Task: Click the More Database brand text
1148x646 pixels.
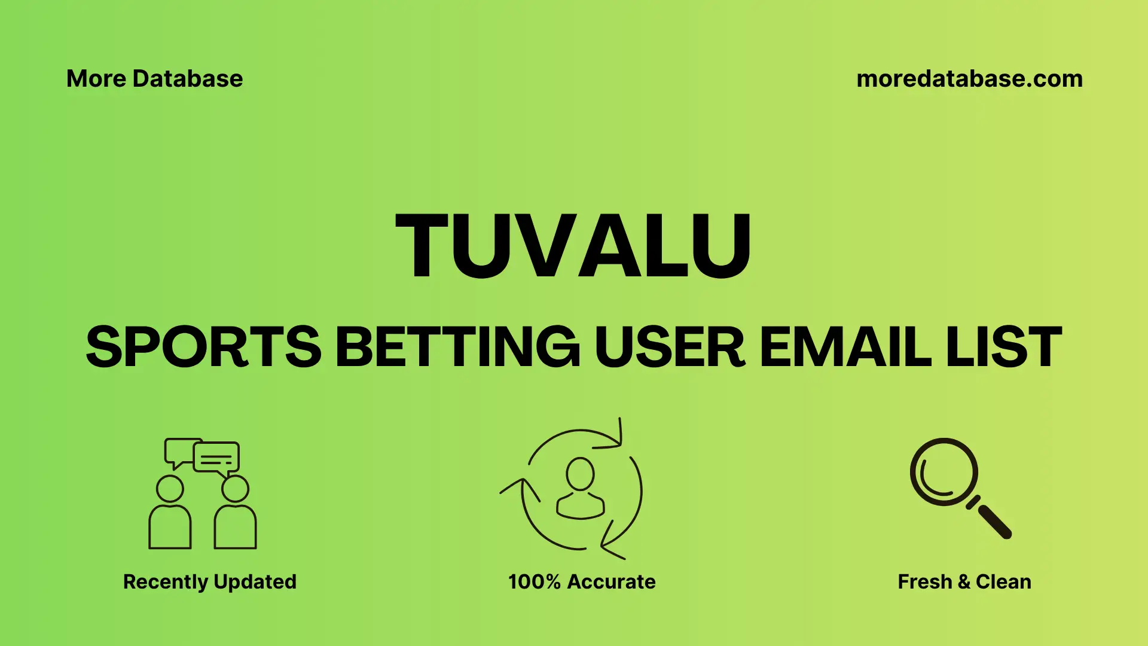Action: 154,79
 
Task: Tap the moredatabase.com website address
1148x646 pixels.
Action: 969,79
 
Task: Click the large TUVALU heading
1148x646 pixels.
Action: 573,246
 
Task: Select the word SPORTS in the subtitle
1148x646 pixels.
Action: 204,347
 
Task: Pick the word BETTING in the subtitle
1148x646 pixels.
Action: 457,347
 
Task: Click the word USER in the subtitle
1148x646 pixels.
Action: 670,347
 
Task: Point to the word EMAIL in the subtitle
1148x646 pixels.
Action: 845,347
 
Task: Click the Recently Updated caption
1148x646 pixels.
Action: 209,581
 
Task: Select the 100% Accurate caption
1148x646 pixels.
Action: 582,581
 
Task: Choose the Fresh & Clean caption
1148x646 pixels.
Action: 964,581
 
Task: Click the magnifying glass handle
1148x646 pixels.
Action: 994,521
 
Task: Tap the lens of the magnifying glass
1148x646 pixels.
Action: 944,472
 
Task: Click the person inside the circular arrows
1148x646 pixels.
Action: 580,488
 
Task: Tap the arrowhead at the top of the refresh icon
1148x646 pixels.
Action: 616,440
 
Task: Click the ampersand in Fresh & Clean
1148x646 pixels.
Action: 963,581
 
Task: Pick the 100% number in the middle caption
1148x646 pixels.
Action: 534,581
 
